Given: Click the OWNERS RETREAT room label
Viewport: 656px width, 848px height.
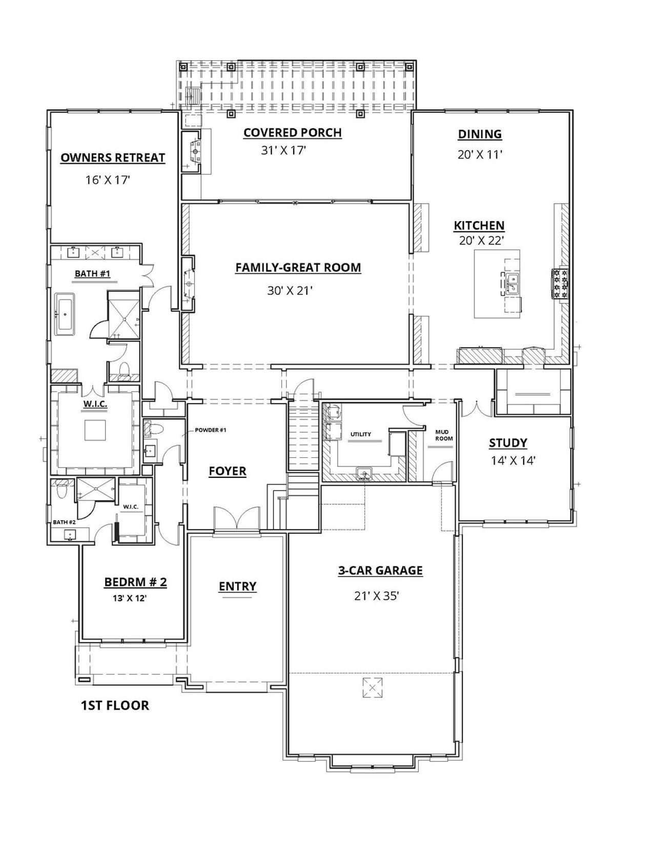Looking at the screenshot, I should click(113, 157).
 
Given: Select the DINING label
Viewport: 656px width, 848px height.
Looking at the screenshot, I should click(480, 134).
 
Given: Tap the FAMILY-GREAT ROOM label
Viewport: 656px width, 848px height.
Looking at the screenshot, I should click(298, 267).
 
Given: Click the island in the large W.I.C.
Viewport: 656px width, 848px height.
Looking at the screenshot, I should click(95, 430).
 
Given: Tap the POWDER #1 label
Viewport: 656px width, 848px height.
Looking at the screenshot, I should click(210, 430).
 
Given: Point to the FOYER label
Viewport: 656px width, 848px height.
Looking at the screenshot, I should click(228, 471).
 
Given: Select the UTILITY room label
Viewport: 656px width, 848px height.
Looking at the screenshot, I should click(360, 434).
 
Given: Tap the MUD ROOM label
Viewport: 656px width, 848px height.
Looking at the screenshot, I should click(444, 435).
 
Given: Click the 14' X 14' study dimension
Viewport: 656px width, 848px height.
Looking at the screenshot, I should click(513, 460).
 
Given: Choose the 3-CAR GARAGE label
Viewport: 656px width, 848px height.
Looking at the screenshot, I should click(380, 570).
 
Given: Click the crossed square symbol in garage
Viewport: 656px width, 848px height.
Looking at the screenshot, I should click(373, 687).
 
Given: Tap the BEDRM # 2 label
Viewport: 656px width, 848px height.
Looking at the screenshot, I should click(135, 582).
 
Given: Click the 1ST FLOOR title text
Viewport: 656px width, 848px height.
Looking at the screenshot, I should click(115, 705).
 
